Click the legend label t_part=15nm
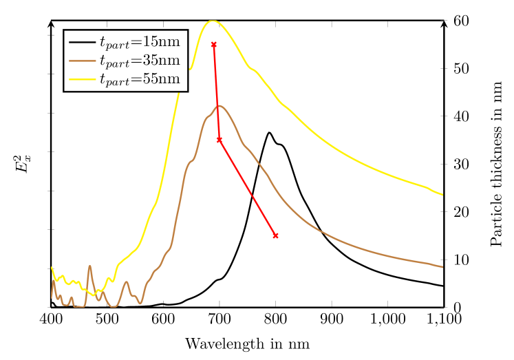point(140,43)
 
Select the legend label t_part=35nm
point(140,61)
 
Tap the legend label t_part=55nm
point(140,79)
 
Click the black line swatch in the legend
point(82,43)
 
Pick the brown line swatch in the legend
point(82,61)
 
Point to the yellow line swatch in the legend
point(82,79)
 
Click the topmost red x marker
point(213,45)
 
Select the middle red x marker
point(219,140)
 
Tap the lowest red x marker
point(276,236)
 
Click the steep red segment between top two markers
point(216,92)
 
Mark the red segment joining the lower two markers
point(248,188)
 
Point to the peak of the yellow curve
point(213,21)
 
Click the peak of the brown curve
point(219,105)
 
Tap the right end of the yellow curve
point(442,195)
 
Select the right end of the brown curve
point(442,267)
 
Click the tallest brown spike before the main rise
point(89,266)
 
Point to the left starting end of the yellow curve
point(52,267)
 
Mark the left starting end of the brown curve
point(52,297)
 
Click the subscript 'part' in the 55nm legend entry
point(118,82)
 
